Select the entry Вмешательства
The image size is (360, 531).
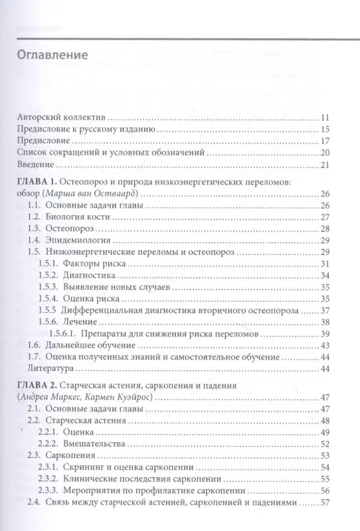[95, 444]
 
